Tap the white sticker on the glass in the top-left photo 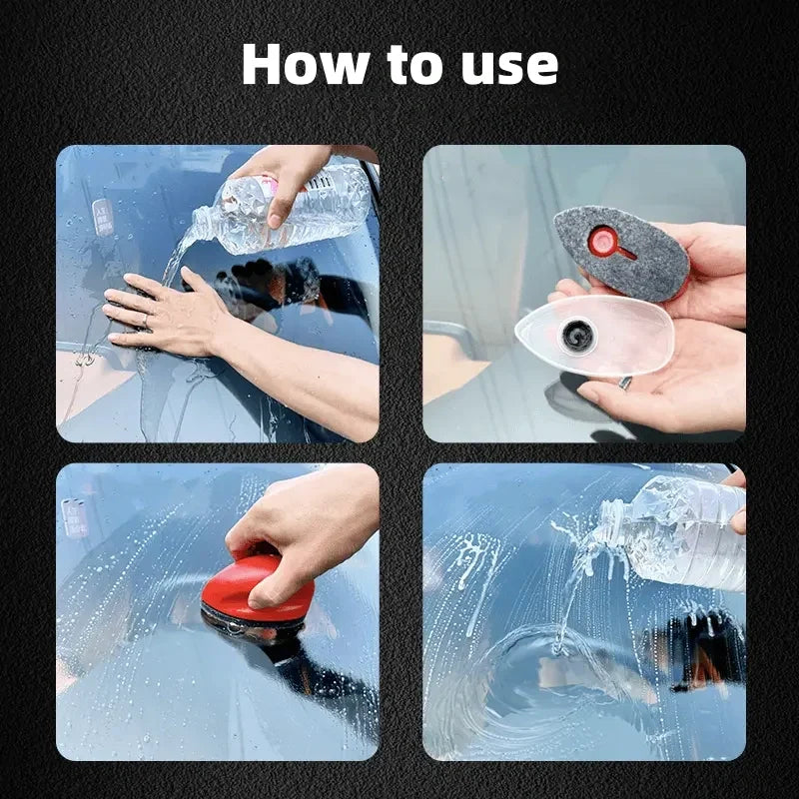[103, 216]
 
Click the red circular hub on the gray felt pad [602, 241]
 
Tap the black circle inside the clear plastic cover [578, 337]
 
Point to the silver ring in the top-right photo [624, 383]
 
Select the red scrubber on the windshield [257, 590]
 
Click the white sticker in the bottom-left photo [76, 516]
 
